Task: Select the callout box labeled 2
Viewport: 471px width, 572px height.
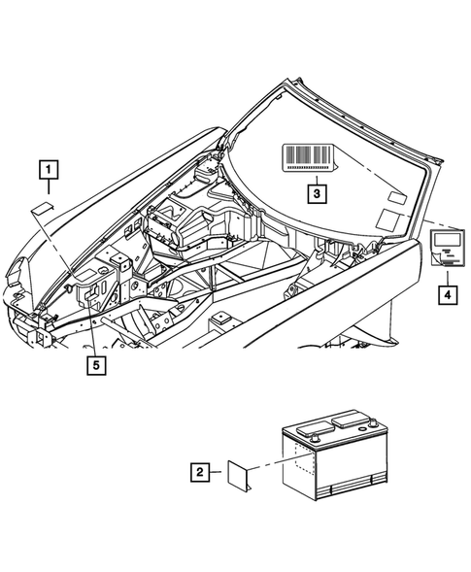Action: point(199,473)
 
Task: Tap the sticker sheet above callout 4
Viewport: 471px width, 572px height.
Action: point(447,246)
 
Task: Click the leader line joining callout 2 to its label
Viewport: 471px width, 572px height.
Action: point(217,473)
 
